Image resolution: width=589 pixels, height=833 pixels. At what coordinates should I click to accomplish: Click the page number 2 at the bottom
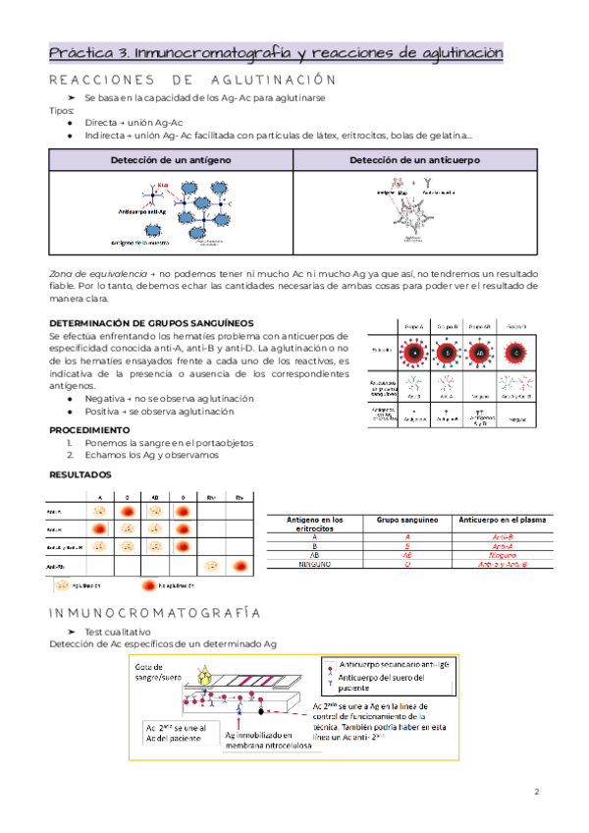536,792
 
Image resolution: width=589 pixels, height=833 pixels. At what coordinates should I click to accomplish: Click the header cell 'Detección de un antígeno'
170,159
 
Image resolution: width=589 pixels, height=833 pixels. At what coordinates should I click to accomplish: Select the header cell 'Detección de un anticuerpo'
415,159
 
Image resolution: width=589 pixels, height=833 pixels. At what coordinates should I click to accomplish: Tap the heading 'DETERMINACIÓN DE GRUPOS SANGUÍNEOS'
151,323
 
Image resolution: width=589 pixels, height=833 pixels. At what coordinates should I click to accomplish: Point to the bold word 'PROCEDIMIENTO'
89,430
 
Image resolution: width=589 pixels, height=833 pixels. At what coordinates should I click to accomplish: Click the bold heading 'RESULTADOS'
80,475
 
